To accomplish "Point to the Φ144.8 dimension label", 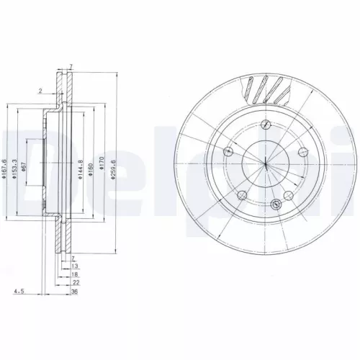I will tap(81, 169).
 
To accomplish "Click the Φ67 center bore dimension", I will tap(25, 167).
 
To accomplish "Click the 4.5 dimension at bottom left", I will tap(18, 292).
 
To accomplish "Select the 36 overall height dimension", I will tap(75, 292).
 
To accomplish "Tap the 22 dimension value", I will tap(75, 283).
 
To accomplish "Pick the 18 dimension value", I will tap(75, 274).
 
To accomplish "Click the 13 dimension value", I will tap(75, 266).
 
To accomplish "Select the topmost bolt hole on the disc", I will tap(266, 125).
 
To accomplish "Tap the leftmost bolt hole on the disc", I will tap(228, 152).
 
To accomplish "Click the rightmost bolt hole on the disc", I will tap(303, 152).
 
